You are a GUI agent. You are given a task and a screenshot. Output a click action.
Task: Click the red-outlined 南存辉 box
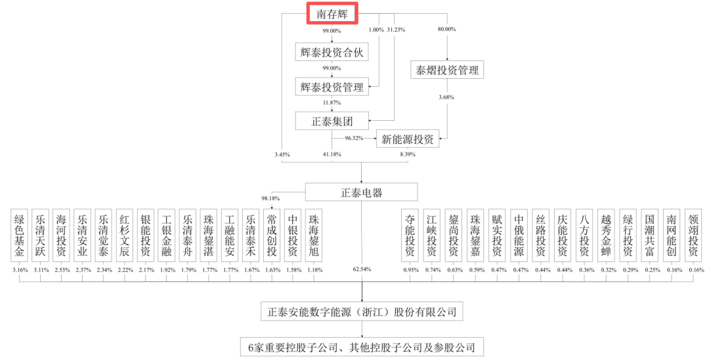pyautogui.click(x=332, y=13)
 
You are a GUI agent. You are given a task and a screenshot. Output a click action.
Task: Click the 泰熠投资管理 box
pyautogui.click(x=447, y=70)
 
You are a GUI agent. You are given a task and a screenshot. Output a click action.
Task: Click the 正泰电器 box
pyautogui.click(x=362, y=192)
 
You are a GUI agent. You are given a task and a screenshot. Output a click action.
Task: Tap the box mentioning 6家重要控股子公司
pyautogui.click(x=361, y=346)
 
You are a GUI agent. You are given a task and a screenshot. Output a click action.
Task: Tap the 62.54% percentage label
pyautogui.click(x=362, y=269)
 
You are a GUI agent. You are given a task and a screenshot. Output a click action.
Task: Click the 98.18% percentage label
pyautogui.click(x=270, y=198)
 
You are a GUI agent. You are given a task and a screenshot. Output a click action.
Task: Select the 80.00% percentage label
pyautogui.click(x=446, y=30)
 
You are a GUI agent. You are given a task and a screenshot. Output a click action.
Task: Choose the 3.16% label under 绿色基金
pyautogui.click(x=20, y=269)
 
